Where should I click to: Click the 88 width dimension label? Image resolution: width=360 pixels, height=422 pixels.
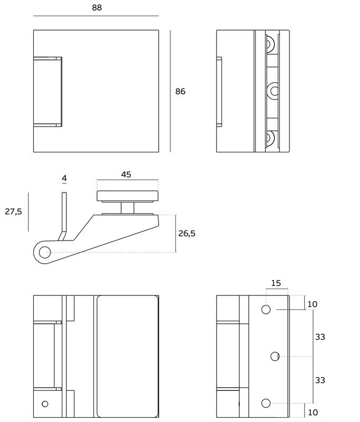97,7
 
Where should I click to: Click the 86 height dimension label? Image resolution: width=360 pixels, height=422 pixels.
180,91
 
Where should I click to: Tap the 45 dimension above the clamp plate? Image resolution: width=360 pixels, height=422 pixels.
126,175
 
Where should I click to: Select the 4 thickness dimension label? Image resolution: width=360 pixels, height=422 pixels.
64,178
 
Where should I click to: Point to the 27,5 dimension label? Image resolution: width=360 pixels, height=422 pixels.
14,212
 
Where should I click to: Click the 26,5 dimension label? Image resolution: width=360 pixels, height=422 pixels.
187,233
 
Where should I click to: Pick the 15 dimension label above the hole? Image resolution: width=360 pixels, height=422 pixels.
276,283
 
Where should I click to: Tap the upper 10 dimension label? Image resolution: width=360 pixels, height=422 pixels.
313,304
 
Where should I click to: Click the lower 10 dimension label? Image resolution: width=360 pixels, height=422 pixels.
313,413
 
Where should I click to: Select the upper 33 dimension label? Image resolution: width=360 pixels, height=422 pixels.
320,337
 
